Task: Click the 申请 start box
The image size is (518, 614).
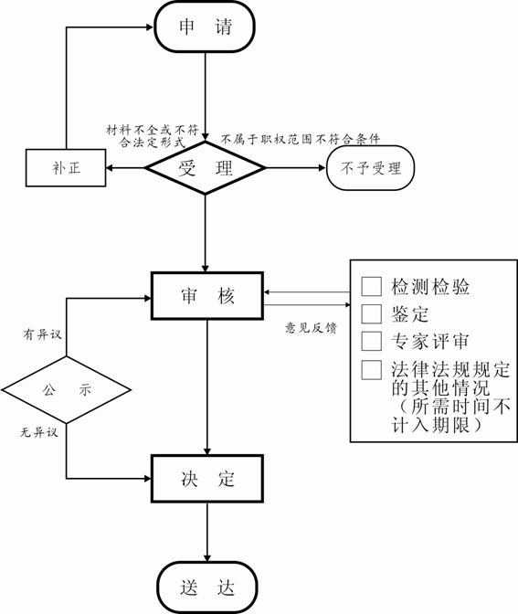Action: [x=205, y=26]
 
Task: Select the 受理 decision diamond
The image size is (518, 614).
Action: [x=206, y=168]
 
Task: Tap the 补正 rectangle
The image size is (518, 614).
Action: [x=66, y=168]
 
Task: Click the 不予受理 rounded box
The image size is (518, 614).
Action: [x=370, y=168]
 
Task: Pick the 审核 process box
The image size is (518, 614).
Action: [x=207, y=296]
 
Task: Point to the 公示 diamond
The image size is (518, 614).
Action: [x=66, y=389]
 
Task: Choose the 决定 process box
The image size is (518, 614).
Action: [x=207, y=479]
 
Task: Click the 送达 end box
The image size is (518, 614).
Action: [x=207, y=588]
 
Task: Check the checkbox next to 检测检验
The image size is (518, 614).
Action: [x=371, y=286]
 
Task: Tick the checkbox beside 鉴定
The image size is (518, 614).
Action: [x=371, y=313]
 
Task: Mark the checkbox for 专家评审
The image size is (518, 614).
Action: [x=371, y=341]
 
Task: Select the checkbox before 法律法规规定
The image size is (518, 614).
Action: [x=371, y=370]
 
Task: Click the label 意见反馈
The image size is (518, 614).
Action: [x=311, y=328]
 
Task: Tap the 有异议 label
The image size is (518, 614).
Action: [x=42, y=334]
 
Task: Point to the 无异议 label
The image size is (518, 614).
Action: [x=39, y=432]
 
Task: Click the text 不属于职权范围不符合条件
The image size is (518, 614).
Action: [x=301, y=139]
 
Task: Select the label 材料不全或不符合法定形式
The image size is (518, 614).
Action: [x=153, y=136]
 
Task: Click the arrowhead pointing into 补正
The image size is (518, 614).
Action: [x=110, y=168]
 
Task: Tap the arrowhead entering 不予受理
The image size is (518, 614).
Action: [x=322, y=168]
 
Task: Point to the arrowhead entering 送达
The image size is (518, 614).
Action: [x=207, y=557]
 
